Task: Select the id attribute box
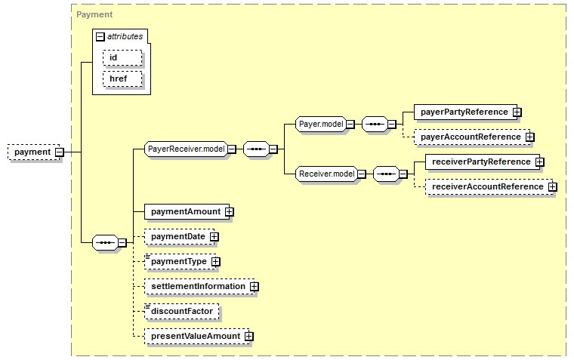point(122,58)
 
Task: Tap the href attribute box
point(122,79)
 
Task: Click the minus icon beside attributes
point(100,36)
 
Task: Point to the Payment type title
point(94,14)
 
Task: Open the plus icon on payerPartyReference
point(517,112)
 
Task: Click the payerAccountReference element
point(472,137)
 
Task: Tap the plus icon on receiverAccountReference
point(552,186)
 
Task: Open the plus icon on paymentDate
point(214,237)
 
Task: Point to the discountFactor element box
point(181,312)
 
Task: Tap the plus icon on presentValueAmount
point(249,336)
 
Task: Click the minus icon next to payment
point(60,152)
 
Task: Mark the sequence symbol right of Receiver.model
point(386,174)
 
